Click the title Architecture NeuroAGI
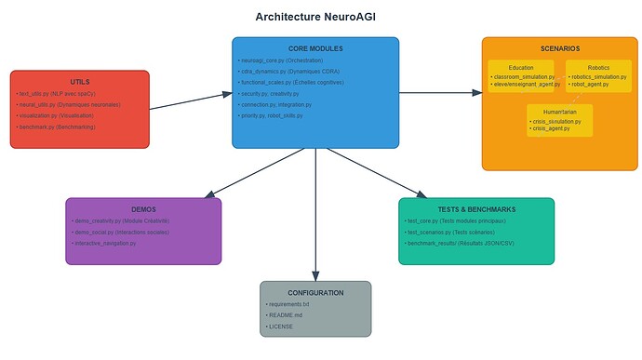click(x=315, y=17)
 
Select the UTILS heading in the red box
click(x=80, y=82)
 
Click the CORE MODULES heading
click(x=315, y=48)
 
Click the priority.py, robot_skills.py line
click(x=271, y=116)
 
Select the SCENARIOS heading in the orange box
click(x=559, y=48)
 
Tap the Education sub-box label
click(x=521, y=67)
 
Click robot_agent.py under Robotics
click(x=588, y=85)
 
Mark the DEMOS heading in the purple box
click(x=143, y=209)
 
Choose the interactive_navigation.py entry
click(x=104, y=243)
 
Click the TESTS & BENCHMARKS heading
click(x=475, y=209)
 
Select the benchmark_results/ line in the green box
click(x=462, y=243)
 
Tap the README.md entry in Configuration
click(x=286, y=315)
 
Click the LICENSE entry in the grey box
click(x=280, y=327)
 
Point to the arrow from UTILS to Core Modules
click(x=191, y=101)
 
